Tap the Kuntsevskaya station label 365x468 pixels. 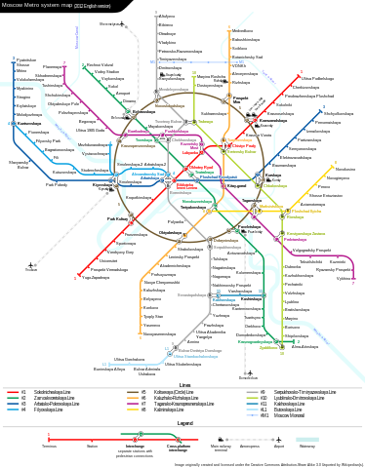pyautogui.click(x=29, y=124)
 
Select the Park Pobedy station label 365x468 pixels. pyautogui.click(x=57, y=184)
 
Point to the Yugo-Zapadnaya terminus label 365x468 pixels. pyautogui.click(x=96, y=277)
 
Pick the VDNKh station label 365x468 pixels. pyautogui.click(x=240, y=65)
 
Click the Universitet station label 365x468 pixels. pyautogui.click(x=108, y=260)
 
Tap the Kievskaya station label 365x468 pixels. pyautogui.click(x=101, y=183)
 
